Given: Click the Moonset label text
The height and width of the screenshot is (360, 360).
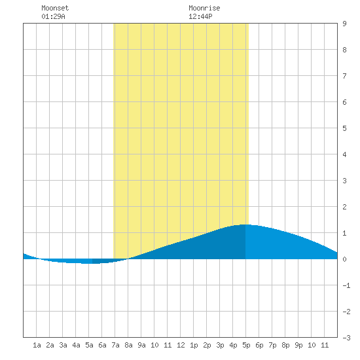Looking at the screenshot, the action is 55,8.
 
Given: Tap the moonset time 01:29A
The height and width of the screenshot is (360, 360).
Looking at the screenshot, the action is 53,16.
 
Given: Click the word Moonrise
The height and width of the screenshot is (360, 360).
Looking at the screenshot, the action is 204,8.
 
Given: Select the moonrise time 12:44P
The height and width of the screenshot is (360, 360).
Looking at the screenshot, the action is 200,16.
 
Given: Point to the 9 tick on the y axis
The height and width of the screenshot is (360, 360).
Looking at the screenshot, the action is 344,24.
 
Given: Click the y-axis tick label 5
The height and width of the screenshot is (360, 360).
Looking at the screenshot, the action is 344,128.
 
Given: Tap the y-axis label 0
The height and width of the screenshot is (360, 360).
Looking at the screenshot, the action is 344,259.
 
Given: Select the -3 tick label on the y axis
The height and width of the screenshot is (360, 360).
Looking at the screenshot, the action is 346,338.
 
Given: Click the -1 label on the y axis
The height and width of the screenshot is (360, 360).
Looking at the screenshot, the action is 346,285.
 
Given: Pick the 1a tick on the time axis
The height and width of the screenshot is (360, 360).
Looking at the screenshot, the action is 37,345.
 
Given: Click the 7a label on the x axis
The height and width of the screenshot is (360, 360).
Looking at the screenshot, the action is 115,345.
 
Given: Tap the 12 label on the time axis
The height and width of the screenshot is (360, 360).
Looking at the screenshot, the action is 181,345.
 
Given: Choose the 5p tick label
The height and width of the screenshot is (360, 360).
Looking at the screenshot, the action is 246,345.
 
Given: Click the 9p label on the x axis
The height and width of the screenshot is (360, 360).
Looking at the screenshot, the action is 298,345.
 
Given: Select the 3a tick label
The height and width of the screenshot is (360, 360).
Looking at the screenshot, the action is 63,345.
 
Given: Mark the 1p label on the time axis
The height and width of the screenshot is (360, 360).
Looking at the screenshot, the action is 194,345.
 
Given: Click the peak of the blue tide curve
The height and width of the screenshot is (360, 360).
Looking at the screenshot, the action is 245,225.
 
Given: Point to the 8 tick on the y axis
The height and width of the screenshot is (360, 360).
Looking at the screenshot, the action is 344,50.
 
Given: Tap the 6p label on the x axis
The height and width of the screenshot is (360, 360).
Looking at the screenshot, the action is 259,345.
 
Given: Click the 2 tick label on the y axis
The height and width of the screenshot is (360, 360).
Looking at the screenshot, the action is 344,207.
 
